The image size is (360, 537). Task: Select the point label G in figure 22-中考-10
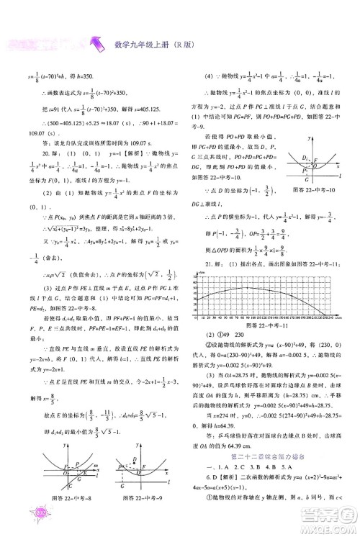point(306,179)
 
